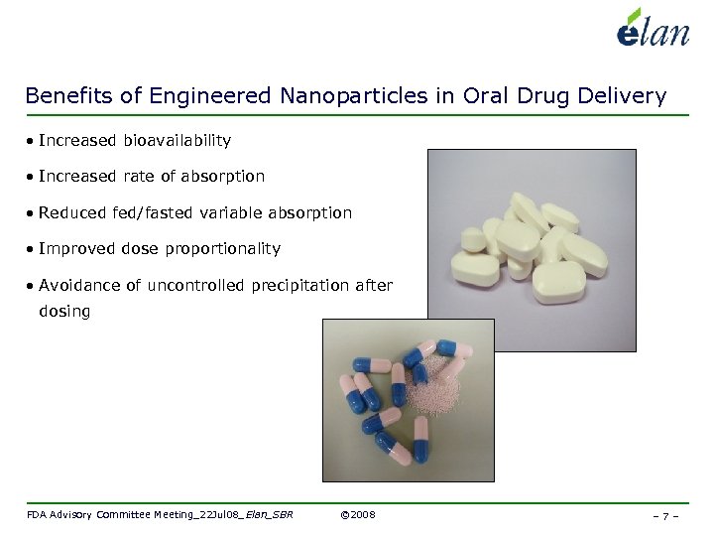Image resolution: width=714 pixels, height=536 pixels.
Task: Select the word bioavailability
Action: tap(177, 141)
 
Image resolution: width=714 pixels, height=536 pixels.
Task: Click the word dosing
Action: tap(64, 312)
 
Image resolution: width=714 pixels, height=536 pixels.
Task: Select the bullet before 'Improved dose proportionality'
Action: tap(32, 249)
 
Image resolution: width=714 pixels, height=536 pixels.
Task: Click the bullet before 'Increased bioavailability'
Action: tap(32, 142)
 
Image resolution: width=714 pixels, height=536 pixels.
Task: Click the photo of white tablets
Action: tap(531, 249)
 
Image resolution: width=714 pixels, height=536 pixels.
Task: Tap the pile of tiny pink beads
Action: tap(434, 389)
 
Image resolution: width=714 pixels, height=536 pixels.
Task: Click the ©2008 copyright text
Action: tap(357, 515)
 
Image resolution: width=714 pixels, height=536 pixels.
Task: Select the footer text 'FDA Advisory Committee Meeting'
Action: tap(109, 515)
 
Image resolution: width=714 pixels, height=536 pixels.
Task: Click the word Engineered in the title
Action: tap(212, 96)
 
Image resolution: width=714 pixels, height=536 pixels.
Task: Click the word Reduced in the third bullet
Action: tap(69, 212)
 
